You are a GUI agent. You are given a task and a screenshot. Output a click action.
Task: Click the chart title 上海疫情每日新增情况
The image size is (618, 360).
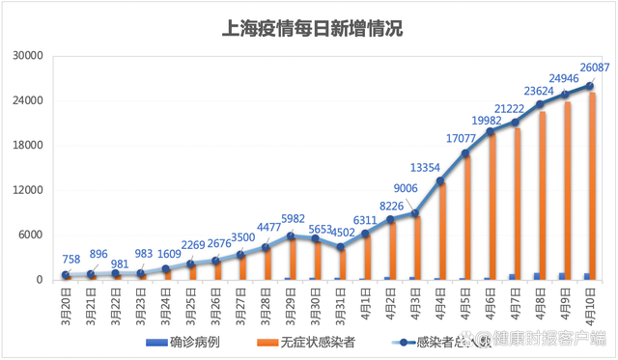[309, 28]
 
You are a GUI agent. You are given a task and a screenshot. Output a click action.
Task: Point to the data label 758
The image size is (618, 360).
[70, 259]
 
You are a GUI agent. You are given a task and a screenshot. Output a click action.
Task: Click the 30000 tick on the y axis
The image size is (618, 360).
[29, 56]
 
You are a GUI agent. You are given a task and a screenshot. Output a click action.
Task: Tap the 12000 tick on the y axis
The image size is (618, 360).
[29, 190]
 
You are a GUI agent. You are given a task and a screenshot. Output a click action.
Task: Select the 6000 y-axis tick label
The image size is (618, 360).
[32, 235]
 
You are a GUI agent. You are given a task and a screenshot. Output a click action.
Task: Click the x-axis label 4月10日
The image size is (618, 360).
[587, 303]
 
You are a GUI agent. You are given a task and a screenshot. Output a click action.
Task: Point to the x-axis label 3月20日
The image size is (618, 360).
[64, 303]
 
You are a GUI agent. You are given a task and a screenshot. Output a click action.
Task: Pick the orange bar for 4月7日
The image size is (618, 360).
[518, 204]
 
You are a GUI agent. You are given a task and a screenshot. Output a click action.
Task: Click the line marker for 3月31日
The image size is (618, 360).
[340, 247]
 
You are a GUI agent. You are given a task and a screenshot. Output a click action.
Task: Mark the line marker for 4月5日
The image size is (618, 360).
[465, 153]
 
